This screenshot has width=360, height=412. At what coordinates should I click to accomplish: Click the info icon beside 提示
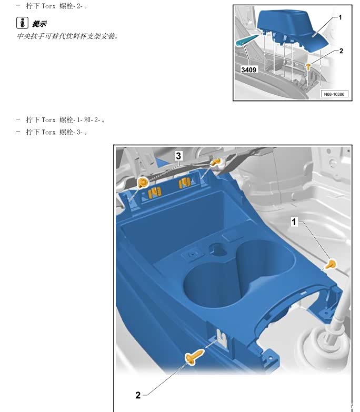click(22, 23)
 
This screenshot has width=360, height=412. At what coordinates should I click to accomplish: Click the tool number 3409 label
click(248, 69)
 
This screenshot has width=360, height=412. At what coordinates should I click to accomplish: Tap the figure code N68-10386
click(334, 94)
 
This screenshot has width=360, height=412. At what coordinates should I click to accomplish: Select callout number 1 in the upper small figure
click(340, 17)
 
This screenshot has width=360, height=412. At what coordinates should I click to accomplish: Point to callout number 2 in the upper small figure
click(341, 51)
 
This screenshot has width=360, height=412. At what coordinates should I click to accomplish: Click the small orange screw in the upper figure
click(308, 66)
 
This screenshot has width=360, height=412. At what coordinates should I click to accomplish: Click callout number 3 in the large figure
click(178, 156)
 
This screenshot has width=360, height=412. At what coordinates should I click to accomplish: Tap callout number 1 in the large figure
click(294, 222)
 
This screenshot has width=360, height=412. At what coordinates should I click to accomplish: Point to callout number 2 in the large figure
click(138, 395)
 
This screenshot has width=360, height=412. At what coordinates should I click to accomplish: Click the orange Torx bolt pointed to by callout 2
click(194, 356)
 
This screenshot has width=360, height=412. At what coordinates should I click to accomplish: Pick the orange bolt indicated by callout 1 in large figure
click(331, 264)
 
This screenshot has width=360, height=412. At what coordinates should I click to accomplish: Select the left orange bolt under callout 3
click(143, 182)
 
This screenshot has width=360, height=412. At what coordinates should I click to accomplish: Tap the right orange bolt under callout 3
click(216, 162)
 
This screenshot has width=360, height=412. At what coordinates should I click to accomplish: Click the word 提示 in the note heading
click(39, 24)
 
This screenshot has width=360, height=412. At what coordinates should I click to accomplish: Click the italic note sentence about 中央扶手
click(67, 36)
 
